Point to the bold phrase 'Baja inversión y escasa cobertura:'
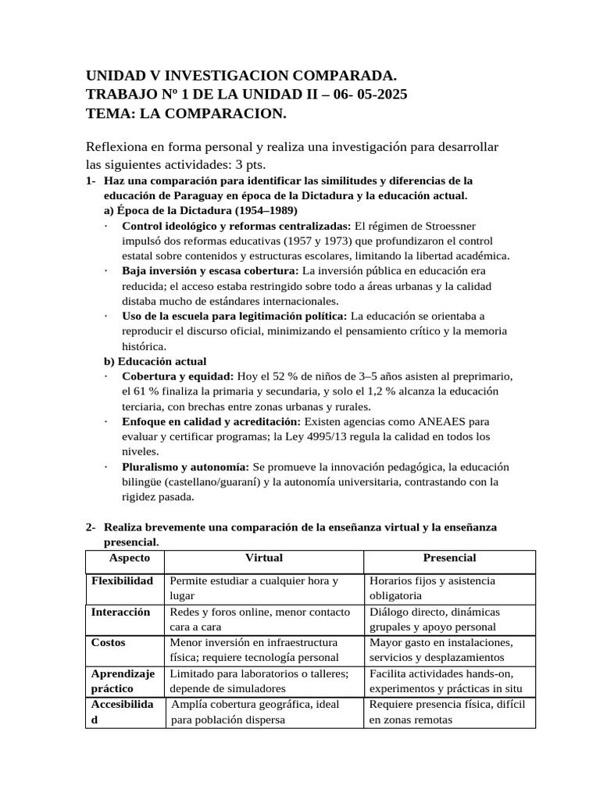coord(211,271)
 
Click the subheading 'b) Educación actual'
coord(155,361)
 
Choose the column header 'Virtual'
coord(264,558)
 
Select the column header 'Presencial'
coord(449,558)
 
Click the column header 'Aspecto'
coord(130,558)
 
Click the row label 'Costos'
coord(109,642)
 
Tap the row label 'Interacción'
coord(120,612)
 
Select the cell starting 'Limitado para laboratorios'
coord(259,680)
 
